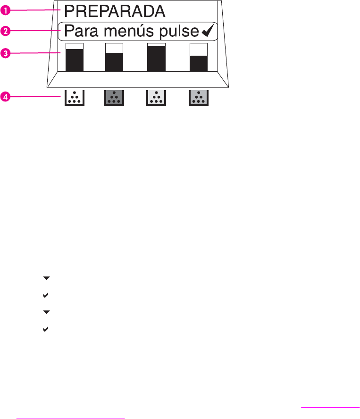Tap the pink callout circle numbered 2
pos(5,31)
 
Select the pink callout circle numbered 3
pos(5,53)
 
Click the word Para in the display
pos(78,32)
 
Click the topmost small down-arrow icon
pos(46,278)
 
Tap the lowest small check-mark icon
pos(46,328)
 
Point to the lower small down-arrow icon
pos(46,312)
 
